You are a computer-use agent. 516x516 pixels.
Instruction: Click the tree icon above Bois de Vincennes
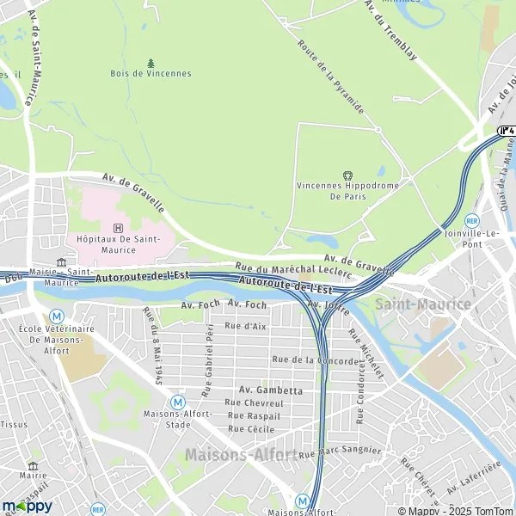151,63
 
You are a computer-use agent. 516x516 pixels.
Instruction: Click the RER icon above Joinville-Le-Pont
471,220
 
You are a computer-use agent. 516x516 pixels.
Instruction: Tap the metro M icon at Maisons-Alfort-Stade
177,402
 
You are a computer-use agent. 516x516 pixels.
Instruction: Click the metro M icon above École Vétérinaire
57,316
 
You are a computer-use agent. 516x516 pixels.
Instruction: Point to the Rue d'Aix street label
245,326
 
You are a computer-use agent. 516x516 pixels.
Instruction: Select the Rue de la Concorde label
315,360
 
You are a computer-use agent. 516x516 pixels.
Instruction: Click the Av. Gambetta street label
271,390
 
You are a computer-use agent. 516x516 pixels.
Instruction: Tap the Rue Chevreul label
254,402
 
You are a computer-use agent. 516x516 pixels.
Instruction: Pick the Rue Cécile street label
251,428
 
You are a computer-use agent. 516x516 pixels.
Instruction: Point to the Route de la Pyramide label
330,77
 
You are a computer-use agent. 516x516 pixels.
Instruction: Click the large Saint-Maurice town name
422,304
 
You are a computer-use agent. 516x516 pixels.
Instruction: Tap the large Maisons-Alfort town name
241,453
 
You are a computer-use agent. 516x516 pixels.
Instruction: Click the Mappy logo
27,506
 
